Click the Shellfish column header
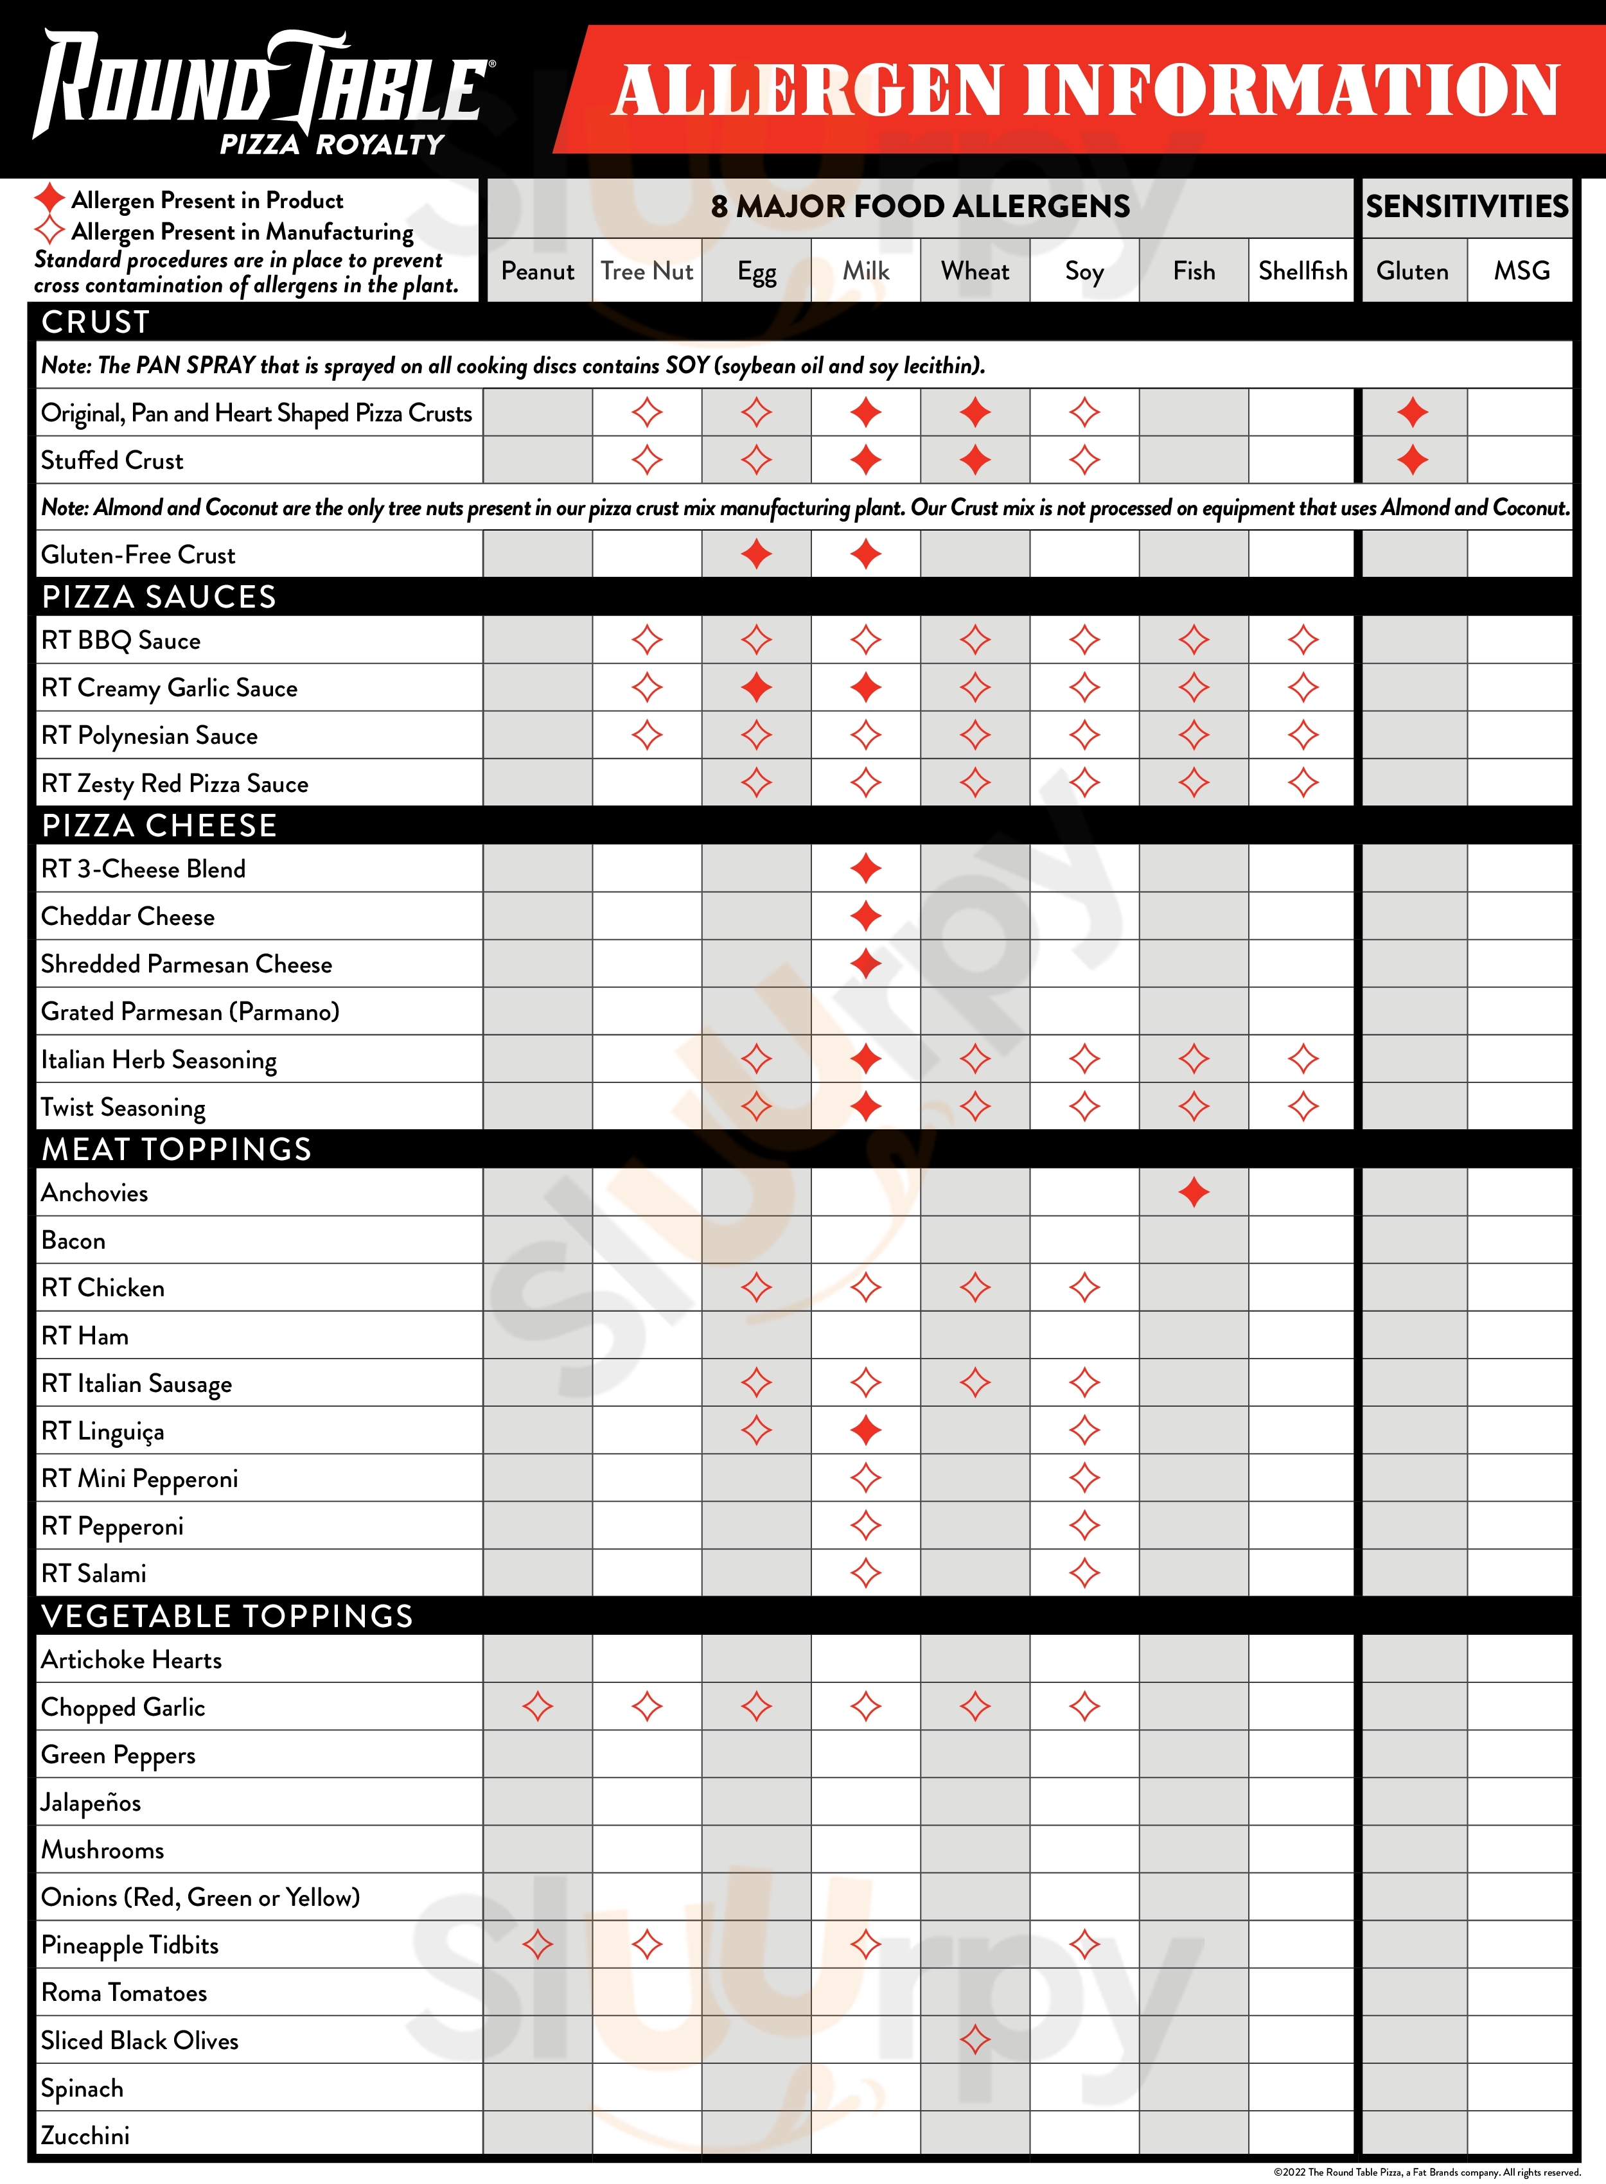click(x=1303, y=270)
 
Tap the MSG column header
click(x=1521, y=270)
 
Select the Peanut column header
click(x=538, y=270)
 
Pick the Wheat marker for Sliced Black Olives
click(x=975, y=2039)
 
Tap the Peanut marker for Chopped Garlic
click(x=538, y=1706)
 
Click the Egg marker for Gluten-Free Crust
click(x=756, y=554)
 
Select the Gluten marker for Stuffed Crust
click(x=1413, y=460)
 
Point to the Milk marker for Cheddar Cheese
click(x=865, y=915)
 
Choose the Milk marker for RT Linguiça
click(x=865, y=1430)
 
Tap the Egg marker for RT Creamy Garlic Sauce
click(x=756, y=687)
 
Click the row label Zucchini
click(x=85, y=2135)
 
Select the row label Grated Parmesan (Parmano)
click(x=190, y=1011)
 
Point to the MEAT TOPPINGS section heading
click(x=176, y=1149)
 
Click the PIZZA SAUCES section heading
click(x=159, y=597)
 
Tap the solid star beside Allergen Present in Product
click(x=49, y=198)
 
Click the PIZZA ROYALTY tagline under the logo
click(x=331, y=145)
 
